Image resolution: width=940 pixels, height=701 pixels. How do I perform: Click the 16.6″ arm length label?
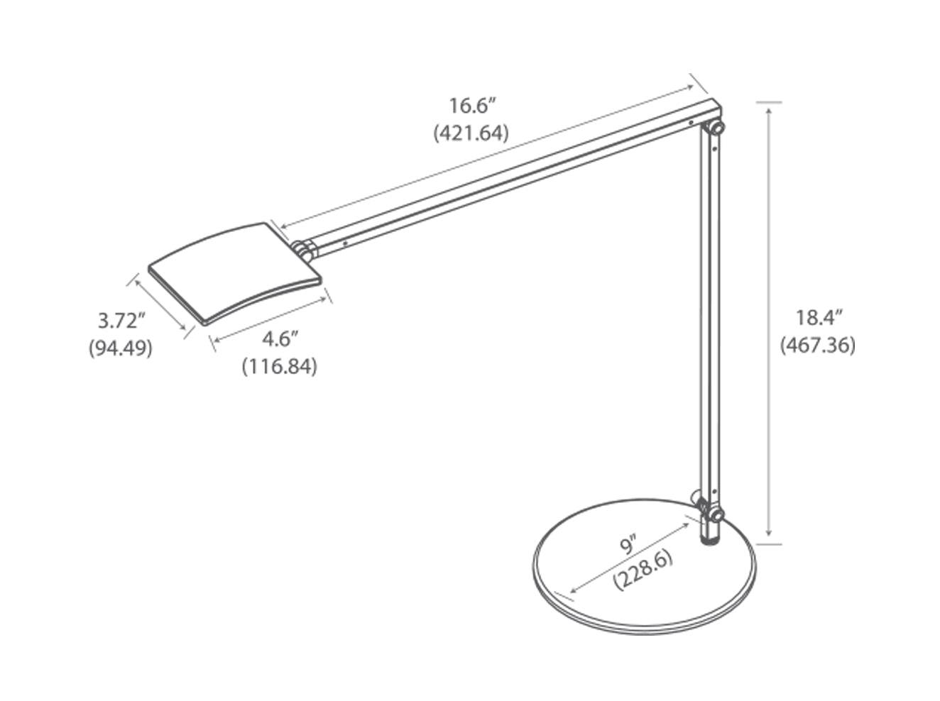point(471,106)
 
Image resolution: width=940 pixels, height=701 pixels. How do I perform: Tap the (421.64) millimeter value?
point(471,133)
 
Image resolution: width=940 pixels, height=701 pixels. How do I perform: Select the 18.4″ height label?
point(817,317)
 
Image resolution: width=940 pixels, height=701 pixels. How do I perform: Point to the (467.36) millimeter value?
point(817,346)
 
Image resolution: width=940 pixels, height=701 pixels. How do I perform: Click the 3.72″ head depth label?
point(121,321)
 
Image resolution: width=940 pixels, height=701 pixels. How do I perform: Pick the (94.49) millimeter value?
point(121,348)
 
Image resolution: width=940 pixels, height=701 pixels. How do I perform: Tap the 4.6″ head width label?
point(279,339)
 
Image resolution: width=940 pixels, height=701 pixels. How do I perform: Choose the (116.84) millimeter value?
point(279,367)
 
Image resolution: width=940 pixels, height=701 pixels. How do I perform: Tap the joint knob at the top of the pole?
point(716,128)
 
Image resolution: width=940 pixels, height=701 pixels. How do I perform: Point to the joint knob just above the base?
point(716,514)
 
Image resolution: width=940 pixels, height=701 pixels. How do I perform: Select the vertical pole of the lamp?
point(709,319)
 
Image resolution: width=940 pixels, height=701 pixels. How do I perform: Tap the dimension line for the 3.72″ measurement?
point(160,304)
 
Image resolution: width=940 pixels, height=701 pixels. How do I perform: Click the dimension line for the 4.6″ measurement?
point(271,319)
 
